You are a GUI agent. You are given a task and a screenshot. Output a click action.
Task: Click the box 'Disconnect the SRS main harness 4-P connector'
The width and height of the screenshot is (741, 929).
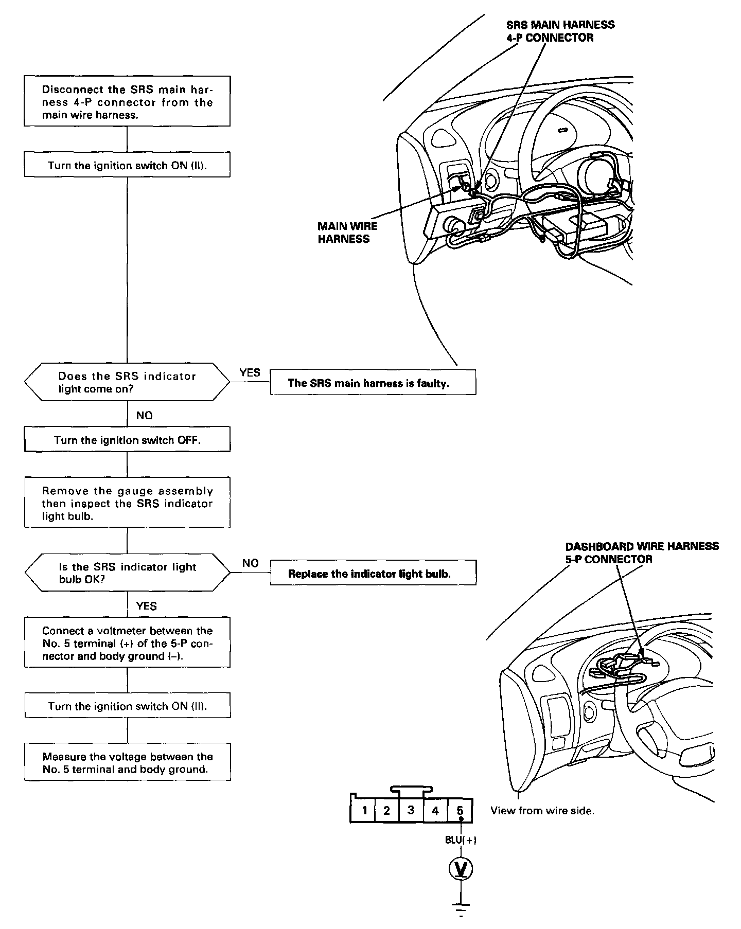[x=127, y=101]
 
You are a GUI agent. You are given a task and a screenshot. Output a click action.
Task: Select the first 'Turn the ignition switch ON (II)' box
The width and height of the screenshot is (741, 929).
[x=127, y=166]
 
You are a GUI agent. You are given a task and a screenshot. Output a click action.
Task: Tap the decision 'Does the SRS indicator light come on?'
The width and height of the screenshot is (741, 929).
[x=127, y=382]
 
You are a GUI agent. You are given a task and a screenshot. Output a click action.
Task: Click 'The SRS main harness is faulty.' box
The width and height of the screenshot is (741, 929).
[x=373, y=383]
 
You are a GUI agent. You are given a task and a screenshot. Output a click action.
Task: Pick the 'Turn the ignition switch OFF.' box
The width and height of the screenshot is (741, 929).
[x=127, y=440]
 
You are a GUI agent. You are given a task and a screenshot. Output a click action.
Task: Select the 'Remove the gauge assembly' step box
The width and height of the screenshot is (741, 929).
[x=127, y=503]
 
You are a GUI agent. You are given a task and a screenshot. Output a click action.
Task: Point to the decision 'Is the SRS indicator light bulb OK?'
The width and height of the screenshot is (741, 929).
[x=127, y=573]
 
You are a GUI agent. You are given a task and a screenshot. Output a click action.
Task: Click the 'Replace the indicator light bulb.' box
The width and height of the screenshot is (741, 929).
[x=373, y=574]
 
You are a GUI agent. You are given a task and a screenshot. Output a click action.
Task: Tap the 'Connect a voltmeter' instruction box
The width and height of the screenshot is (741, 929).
[x=127, y=643]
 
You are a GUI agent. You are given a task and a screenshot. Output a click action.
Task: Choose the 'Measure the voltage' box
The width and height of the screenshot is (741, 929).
[x=127, y=763]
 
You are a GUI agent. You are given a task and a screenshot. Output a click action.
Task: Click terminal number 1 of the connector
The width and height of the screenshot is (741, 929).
[x=364, y=811]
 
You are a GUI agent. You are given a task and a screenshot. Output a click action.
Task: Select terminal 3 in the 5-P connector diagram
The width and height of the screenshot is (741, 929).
[x=411, y=810]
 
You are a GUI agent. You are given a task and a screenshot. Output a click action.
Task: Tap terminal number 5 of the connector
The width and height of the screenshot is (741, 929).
[x=460, y=811]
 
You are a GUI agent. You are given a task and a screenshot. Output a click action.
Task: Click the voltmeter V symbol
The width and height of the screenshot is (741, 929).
[x=461, y=869]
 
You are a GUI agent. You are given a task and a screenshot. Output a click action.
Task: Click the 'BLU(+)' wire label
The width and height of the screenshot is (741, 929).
[x=461, y=840]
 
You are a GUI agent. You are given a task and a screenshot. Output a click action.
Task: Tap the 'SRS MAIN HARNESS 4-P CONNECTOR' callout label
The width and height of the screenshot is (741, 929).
[x=560, y=31]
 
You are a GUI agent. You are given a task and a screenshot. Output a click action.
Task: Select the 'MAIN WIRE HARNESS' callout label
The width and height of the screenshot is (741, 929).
[x=347, y=233]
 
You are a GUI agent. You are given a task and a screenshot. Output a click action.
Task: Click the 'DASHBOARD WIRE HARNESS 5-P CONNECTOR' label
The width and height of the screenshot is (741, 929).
[x=642, y=552]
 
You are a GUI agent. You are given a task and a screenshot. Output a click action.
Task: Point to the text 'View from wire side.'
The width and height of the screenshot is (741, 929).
[x=542, y=811]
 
